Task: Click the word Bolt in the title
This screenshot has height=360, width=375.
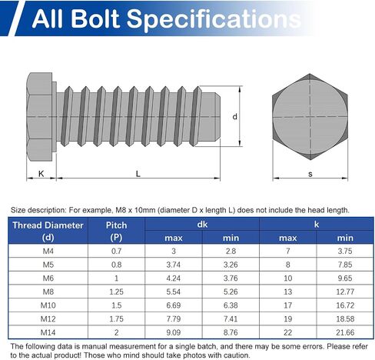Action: tap(95, 18)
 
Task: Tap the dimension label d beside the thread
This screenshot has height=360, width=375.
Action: tap(234, 117)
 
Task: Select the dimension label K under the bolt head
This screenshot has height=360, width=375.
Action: tap(41, 174)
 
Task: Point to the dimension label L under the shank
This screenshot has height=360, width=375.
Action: tap(138, 174)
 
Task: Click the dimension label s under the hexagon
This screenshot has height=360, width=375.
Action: tap(310, 174)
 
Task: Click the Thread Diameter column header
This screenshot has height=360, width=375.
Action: tap(48, 231)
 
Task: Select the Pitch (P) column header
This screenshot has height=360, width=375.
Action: tap(116, 231)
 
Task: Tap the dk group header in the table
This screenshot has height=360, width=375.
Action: tap(202, 225)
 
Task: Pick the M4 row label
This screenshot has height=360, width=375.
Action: tap(48, 251)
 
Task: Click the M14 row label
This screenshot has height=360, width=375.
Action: tap(48, 332)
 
